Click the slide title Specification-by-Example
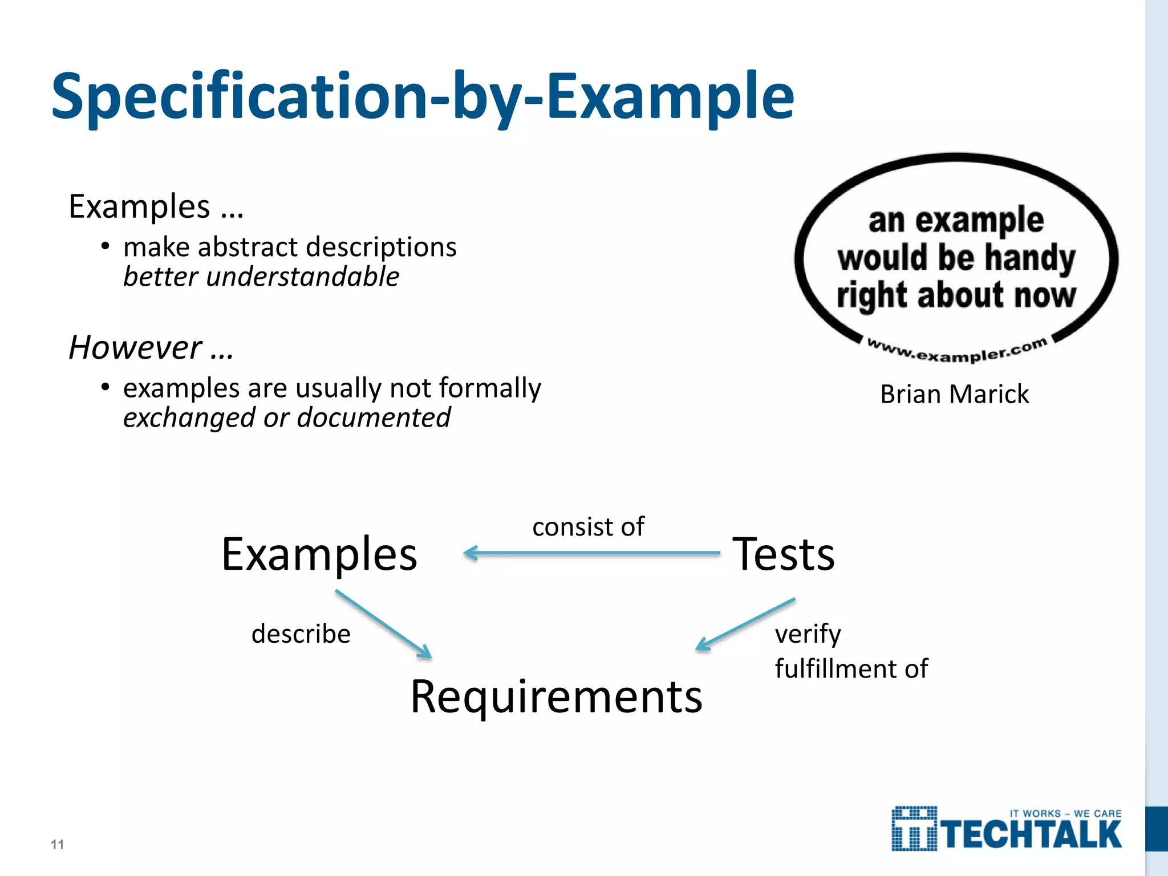pos(422,97)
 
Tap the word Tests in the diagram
pos(784,554)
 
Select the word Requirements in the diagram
pos(556,697)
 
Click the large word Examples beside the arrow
pos(319,554)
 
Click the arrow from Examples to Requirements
pos(383,624)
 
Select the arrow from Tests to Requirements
pos(745,624)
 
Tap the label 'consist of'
pos(588,526)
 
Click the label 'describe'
pos(301,634)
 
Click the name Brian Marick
pos(954,394)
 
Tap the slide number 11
pos(57,844)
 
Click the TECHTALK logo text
pos(1031,835)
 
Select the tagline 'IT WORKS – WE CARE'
pos(1065,813)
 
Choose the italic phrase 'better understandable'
pos(261,277)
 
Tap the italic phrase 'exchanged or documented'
pos(287,418)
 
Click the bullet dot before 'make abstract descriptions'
pos(105,246)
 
